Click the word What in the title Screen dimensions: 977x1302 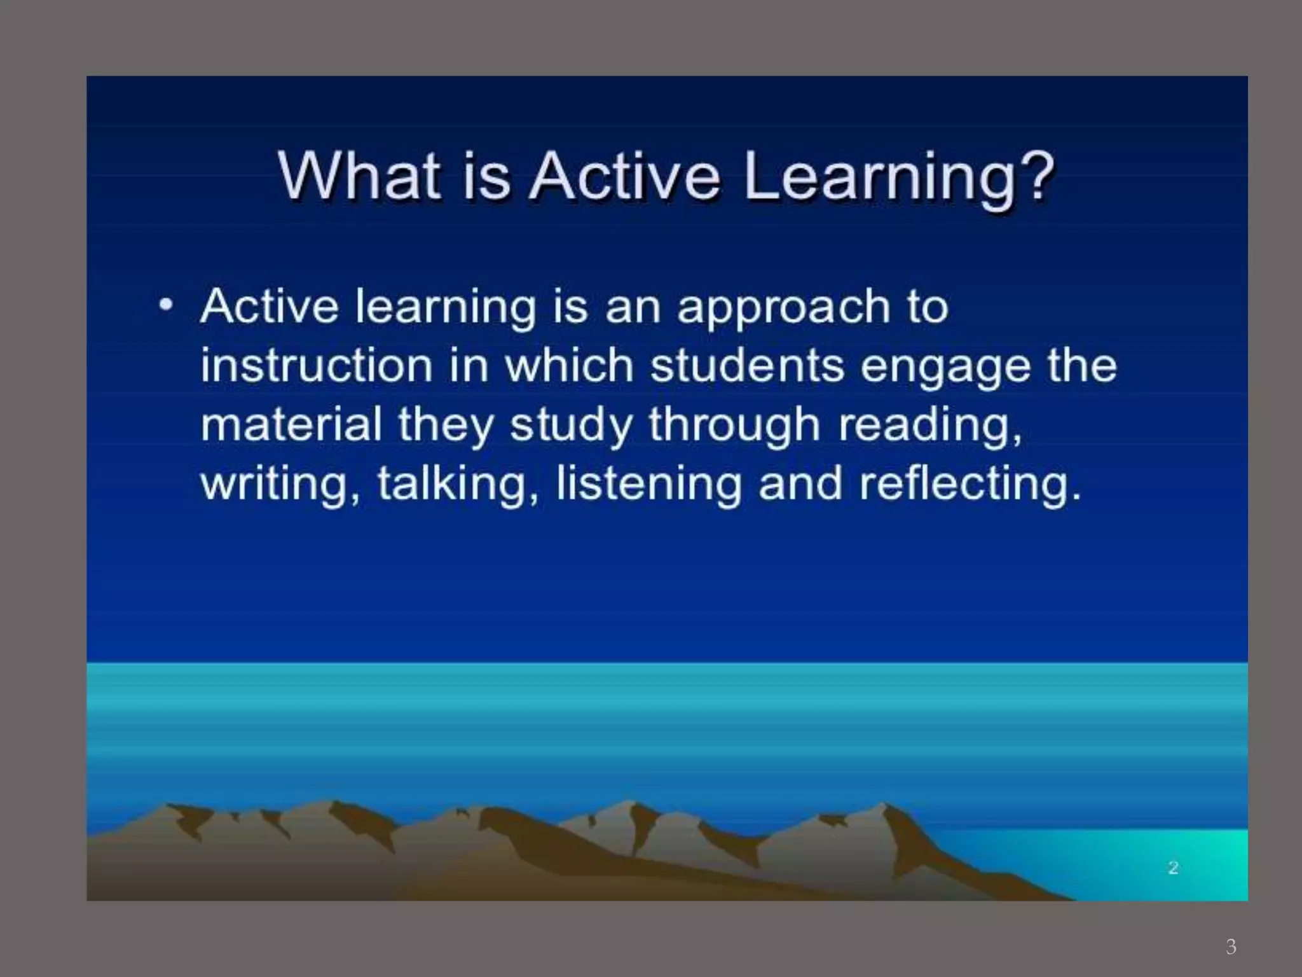pyautogui.click(x=359, y=176)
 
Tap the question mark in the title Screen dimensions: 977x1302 pyautogui.click(x=1035, y=176)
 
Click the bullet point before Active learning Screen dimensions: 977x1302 pyautogui.click(x=166, y=305)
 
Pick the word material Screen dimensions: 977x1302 pyautogui.click(x=291, y=424)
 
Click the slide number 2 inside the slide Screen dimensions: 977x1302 pyautogui.click(x=1173, y=868)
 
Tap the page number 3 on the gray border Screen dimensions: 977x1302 pyautogui.click(x=1231, y=946)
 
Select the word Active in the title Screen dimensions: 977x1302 pyautogui.click(x=624, y=176)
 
